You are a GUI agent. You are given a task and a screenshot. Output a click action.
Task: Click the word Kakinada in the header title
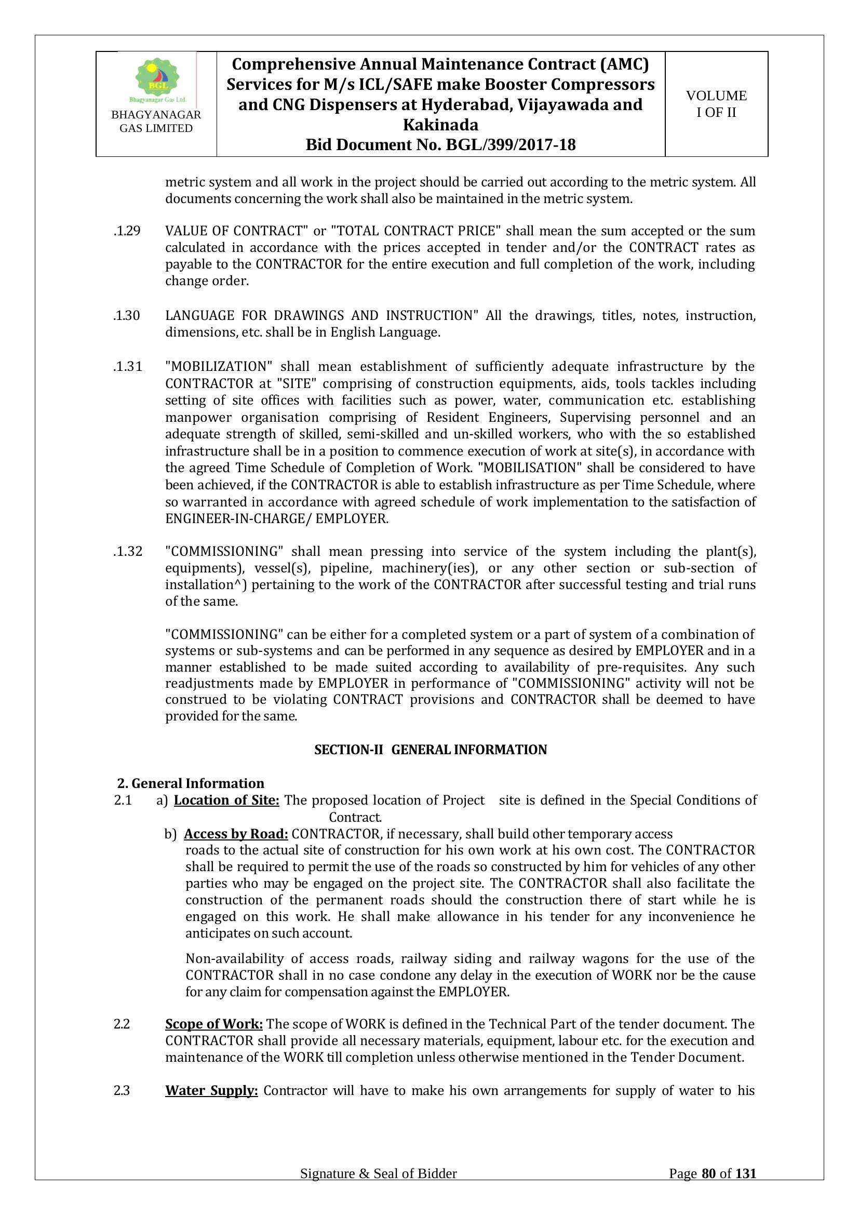coord(440,125)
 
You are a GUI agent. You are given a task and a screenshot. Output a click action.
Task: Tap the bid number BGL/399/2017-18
coord(511,145)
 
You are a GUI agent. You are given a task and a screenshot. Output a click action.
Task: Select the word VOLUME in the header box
coord(716,96)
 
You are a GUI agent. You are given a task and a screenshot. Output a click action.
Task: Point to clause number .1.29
coord(127,231)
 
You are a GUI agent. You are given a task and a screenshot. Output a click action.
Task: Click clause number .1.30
coord(127,316)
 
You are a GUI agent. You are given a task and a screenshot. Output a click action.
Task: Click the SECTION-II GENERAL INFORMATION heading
coord(431,750)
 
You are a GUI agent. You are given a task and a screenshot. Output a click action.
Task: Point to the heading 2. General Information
coord(191,783)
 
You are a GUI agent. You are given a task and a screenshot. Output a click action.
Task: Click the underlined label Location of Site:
coord(226,800)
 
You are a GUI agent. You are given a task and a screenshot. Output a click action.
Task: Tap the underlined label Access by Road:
coord(236,834)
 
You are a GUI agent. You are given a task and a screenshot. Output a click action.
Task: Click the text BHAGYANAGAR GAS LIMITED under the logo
coord(156,122)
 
